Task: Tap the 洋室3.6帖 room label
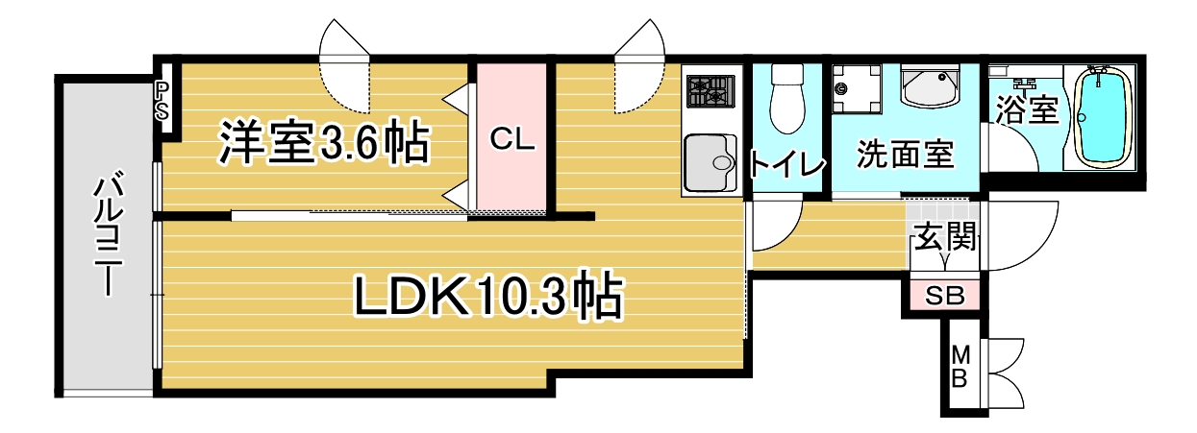323,143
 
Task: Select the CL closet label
511,140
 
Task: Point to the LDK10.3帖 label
488,298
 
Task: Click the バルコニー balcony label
106,235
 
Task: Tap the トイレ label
787,164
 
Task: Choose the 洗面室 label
905,155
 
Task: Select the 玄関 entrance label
945,235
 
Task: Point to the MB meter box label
960,366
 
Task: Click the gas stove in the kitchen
710,93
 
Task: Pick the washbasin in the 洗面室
931,88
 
